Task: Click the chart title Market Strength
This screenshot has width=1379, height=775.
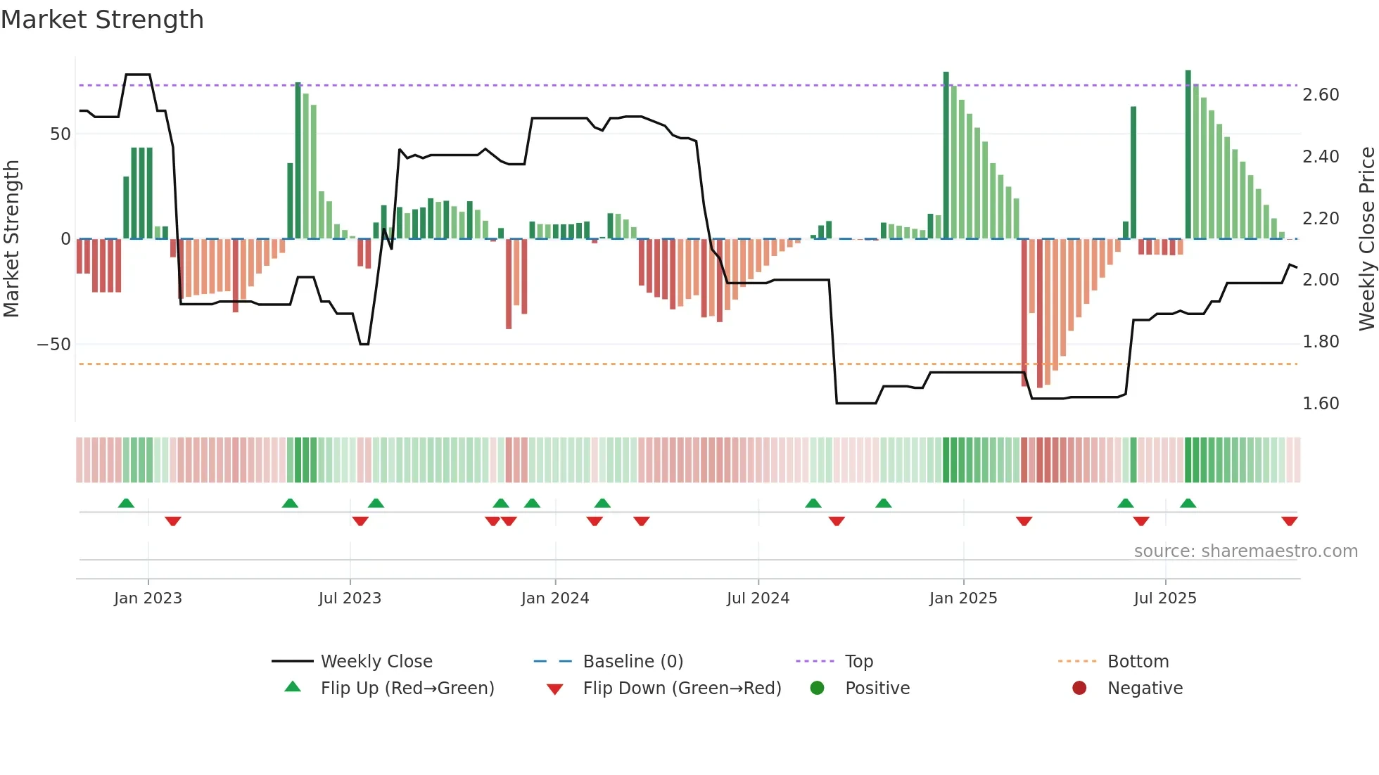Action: [x=103, y=20]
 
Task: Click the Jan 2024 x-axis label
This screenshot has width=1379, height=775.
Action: [x=554, y=598]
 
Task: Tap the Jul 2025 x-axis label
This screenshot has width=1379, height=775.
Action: [x=1164, y=598]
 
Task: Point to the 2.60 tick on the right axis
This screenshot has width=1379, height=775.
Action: [x=1321, y=95]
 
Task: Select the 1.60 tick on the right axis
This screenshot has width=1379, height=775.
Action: [x=1321, y=404]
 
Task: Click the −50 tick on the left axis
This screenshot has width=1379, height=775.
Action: [x=54, y=345]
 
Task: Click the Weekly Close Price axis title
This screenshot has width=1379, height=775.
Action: [x=1366, y=239]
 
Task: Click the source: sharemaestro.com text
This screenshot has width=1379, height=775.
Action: [x=1245, y=551]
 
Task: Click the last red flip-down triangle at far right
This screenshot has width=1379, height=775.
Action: [x=1289, y=521]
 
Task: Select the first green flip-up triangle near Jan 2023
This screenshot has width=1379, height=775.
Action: [x=126, y=503]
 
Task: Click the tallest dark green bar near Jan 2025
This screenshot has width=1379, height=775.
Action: [x=946, y=155]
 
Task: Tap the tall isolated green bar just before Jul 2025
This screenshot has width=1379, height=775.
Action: [x=1133, y=172]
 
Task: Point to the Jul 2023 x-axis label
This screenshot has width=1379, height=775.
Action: [x=350, y=598]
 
